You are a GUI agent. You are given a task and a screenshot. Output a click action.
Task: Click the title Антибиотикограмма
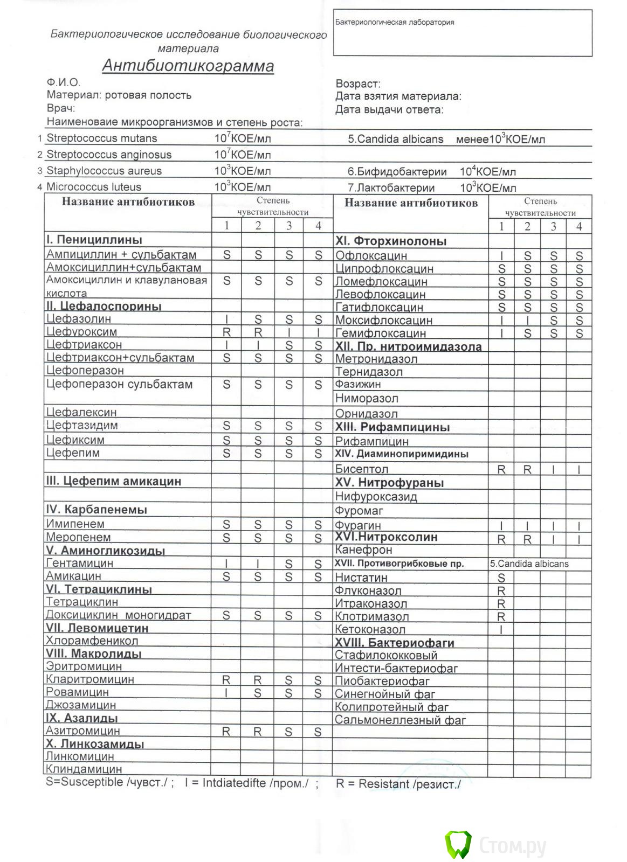[188, 66]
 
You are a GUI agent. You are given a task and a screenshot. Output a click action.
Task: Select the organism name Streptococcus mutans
[101, 138]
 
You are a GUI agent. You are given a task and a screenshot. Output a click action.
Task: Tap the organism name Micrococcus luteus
[94, 187]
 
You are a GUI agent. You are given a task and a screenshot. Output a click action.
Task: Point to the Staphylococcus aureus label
[104, 171]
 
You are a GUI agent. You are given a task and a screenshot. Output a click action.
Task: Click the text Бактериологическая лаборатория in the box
[395, 23]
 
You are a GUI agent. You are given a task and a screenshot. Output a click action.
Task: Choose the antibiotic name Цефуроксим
[81, 332]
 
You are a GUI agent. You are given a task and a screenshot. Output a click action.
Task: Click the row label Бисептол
[361, 469]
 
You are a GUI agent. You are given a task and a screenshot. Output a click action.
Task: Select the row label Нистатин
[361, 578]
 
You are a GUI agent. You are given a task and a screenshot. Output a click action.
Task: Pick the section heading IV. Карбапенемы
[97, 509]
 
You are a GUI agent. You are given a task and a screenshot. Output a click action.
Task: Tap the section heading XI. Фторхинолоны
[391, 241]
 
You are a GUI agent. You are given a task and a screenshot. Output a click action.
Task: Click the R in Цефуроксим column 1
[226, 332]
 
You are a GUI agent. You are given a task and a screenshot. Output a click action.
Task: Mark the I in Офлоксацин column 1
[501, 256]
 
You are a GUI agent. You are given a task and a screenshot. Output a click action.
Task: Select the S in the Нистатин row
[501, 578]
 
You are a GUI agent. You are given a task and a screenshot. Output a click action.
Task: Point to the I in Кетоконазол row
[501, 630]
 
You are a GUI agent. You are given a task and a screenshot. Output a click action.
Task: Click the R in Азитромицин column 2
[258, 732]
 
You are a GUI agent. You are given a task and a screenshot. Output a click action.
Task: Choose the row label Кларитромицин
[89, 679]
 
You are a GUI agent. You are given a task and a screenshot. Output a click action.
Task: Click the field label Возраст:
[358, 84]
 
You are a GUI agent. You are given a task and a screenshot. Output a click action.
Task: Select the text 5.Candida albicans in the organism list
[395, 139]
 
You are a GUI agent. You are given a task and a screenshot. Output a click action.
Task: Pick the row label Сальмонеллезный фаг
[400, 720]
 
